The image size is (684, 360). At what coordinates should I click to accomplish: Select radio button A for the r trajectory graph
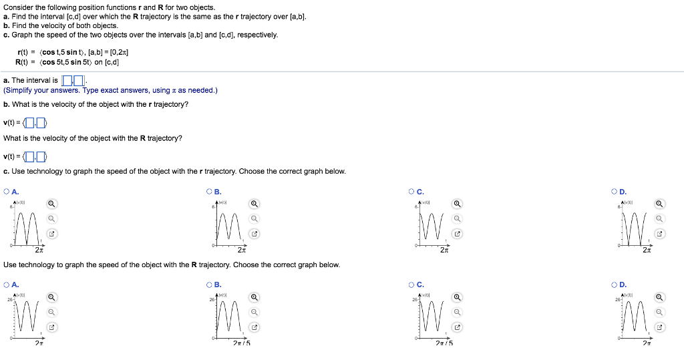7,192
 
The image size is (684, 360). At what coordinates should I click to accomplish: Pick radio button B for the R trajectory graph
210,285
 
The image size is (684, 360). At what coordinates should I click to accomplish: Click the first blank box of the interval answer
67,81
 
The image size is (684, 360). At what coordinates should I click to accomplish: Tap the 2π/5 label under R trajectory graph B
242,343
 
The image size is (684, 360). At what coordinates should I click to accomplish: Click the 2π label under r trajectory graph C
444,250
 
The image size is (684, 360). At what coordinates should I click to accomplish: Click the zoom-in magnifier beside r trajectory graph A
51,204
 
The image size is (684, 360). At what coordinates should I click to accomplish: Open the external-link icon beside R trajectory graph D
659,328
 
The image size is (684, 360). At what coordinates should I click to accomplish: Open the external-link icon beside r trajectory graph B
254,234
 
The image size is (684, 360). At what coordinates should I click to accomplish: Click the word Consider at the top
17,7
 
